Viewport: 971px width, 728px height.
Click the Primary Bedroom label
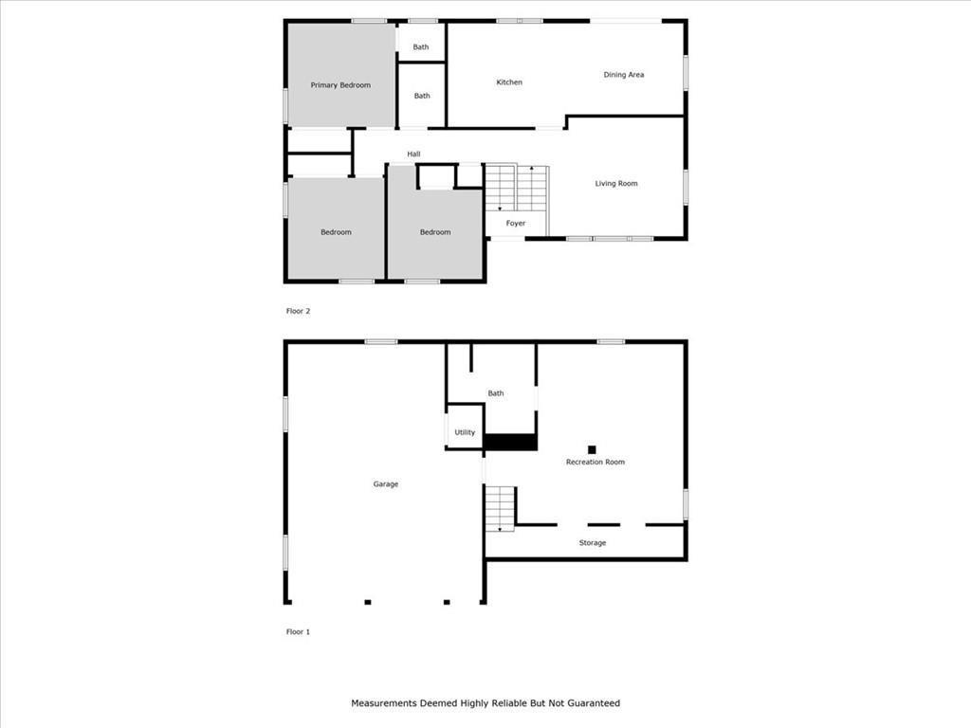(340, 85)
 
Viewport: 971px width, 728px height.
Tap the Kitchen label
(509, 82)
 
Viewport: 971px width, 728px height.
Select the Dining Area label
(624, 75)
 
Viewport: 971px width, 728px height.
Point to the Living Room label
(616, 184)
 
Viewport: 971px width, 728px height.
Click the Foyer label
(515, 224)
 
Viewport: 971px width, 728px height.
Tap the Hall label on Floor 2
(413, 155)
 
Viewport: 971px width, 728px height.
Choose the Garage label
(385, 484)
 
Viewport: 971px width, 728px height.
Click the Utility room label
(465, 432)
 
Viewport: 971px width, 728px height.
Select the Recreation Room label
(595, 462)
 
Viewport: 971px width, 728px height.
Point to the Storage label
(592, 543)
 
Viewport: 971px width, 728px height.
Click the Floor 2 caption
(298, 311)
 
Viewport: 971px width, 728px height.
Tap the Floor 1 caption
(298, 632)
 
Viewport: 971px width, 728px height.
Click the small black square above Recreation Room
(592, 450)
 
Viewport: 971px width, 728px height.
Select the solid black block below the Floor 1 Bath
(510, 442)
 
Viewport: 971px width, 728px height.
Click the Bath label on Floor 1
(495, 393)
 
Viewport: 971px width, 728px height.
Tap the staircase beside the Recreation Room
(500, 509)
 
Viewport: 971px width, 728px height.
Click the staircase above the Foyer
(516, 189)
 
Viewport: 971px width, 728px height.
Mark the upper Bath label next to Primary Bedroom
(420, 47)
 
